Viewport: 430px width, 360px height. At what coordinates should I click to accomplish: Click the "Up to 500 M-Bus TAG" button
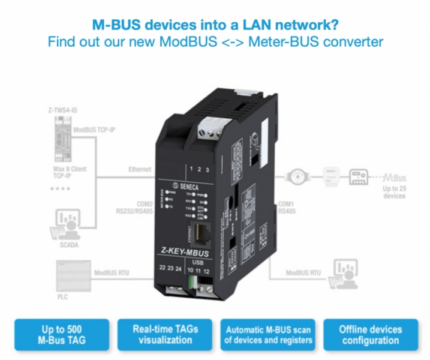[61, 335]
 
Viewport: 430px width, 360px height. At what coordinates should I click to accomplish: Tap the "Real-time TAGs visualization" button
[165, 335]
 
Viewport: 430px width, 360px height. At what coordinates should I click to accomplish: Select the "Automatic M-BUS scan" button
[268, 335]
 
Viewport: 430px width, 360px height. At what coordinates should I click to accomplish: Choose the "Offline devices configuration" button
[370, 335]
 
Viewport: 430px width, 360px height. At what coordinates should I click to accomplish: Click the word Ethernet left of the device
[140, 170]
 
